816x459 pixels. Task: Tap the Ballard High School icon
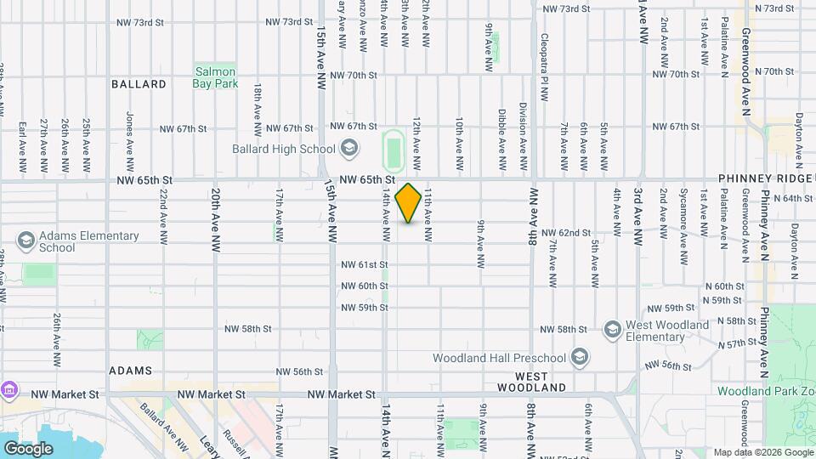coord(348,149)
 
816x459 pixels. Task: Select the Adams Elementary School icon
coord(25,241)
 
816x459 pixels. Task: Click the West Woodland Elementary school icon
coord(612,329)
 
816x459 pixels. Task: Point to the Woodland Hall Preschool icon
coord(580,356)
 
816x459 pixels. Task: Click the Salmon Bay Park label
coord(214,77)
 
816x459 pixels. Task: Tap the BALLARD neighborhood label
coord(139,84)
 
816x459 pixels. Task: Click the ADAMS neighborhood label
coord(130,371)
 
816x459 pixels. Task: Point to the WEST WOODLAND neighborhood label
coord(540,381)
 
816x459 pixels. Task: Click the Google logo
coord(28,448)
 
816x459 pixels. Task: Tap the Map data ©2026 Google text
coord(762,452)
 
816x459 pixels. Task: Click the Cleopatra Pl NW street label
coord(543,60)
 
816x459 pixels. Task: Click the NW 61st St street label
coord(364,264)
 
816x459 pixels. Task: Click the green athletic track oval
coord(392,150)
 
